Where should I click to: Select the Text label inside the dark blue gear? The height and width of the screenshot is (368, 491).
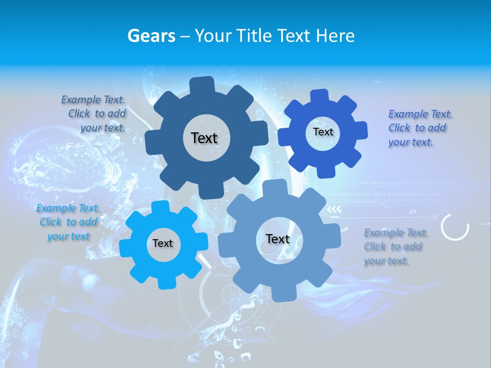(204, 138)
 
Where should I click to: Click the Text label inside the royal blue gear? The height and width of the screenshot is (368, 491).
(323, 132)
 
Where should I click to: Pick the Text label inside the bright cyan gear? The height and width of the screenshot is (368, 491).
(163, 243)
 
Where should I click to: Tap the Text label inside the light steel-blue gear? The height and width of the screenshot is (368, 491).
(278, 239)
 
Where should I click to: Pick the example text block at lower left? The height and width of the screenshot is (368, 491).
(68, 222)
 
